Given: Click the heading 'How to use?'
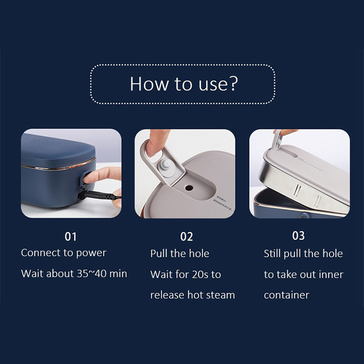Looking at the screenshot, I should pyautogui.click(x=182, y=84).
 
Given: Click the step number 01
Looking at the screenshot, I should pyautogui.click(x=71, y=237).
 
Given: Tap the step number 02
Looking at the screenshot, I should pyautogui.click(x=186, y=237).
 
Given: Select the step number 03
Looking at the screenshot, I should pyautogui.click(x=298, y=236).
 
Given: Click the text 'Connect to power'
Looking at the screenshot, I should pyautogui.click(x=63, y=253).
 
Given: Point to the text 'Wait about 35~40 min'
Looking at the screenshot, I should pyautogui.click(x=74, y=274).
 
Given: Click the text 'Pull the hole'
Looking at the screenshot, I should pyautogui.click(x=179, y=254).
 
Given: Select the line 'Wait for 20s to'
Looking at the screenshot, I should pyautogui.click(x=186, y=274).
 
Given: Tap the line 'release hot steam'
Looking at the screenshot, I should pyautogui.click(x=192, y=295).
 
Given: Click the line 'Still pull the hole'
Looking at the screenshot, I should pyautogui.click(x=303, y=254).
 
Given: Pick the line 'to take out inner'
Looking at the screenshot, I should pyautogui.click(x=303, y=274).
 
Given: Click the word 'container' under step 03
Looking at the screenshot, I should pyautogui.click(x=287, y=295).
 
